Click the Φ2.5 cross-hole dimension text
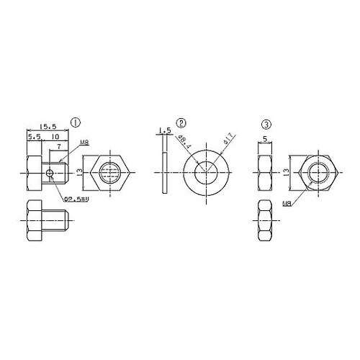coord(75,198)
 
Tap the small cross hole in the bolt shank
coord(48,173)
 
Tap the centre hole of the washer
coord(206,173)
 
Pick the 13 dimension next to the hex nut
coord(286,173)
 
